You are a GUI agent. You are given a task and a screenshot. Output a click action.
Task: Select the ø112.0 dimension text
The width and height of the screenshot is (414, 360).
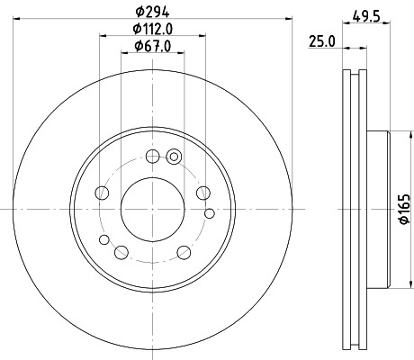click(152, 31)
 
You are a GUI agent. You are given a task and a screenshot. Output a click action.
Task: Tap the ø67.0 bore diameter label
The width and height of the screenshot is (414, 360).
click(152, 47)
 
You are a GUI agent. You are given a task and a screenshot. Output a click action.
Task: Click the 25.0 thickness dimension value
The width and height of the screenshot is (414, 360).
click(320, 40)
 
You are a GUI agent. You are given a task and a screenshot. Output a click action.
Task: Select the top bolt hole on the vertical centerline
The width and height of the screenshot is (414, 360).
click(152, 154)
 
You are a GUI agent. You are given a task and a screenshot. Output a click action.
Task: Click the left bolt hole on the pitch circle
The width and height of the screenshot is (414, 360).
click(102, 193)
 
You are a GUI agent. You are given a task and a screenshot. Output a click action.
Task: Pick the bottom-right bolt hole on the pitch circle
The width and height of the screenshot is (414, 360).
click(184, 251)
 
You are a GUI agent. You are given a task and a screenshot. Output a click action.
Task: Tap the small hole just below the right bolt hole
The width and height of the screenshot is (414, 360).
click(210, 213)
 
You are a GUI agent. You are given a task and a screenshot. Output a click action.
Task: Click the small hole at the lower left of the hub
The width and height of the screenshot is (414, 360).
click(103, 238)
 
